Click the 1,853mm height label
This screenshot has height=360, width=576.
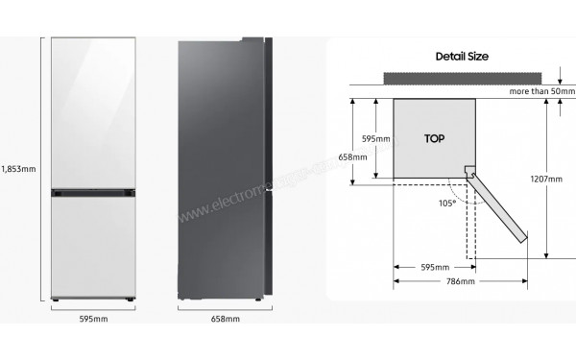pyautogui.click(x=17, y=168)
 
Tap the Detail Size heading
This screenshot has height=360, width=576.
pyautogui.click(x=462, y=57)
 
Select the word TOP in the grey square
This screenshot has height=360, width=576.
pyautogui.click(x=434, y=138)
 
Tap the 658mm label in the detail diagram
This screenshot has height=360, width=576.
pyautogui.click(x=352, y=157)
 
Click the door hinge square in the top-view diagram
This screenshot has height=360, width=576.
pyautogui.click(x=470, y=173)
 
